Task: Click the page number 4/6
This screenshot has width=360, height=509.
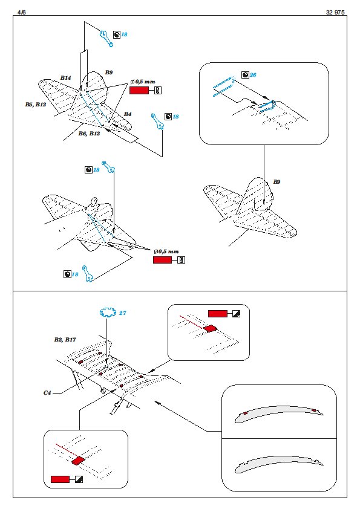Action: [21, 12]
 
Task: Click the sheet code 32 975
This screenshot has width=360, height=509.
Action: [335, 12]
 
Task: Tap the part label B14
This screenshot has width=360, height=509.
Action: [65, 78]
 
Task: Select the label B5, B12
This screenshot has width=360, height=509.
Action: [36, 105]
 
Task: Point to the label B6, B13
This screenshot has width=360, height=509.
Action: [89, 134]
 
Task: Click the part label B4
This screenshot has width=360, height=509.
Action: [128, 114]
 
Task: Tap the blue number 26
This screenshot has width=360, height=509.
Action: [253, 75]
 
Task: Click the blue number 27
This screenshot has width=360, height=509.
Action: [122, 313]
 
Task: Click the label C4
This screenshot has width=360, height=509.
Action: [47, 393]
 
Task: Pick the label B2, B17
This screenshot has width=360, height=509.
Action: [65, 340]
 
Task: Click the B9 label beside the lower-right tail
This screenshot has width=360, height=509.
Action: [277, 182]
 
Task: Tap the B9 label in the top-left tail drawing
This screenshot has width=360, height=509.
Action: [109, 73]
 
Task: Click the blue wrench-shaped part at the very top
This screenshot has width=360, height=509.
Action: [106, 38]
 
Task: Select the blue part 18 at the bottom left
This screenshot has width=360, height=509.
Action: [87, 274]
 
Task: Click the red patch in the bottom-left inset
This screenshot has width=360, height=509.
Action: [77, 460]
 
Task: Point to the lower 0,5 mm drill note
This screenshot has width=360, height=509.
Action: [166, 251]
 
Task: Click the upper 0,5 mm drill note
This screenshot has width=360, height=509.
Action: [143, 82]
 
